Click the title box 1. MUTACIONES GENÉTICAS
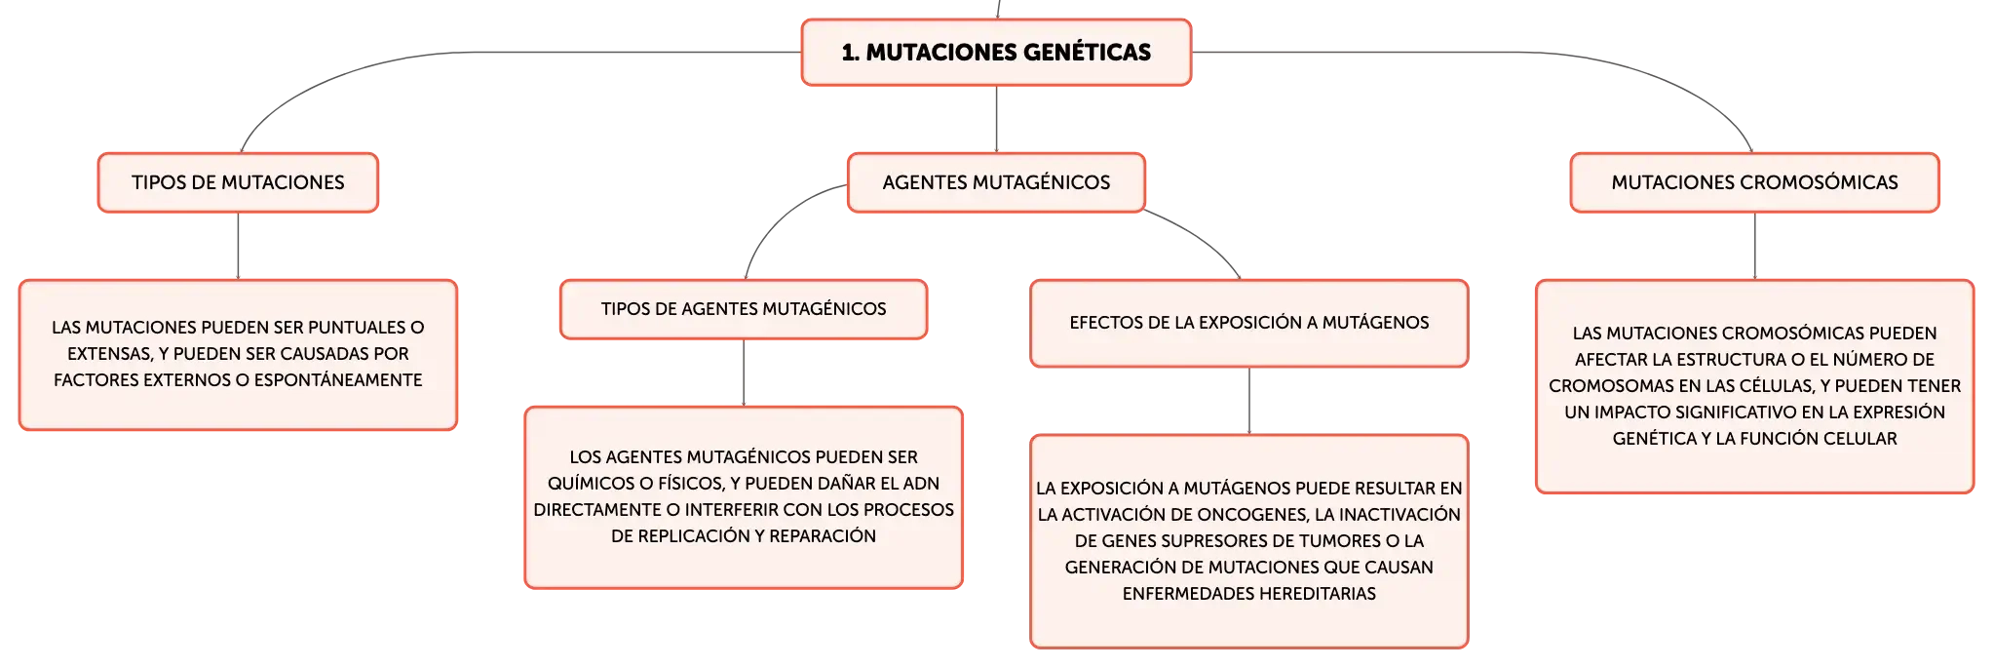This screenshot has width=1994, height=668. pos(996,53)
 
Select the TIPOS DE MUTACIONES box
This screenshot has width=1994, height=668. pos(238,182)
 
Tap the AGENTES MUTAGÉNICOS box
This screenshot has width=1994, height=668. pos(996,182)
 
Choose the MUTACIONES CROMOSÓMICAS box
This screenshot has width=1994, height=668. pos(1754,182)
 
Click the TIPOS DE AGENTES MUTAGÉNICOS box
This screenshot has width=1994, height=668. pos(744,309)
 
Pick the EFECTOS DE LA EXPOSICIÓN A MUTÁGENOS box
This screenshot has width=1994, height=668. pos(1249,323)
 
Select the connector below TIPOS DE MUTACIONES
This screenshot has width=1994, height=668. pos(238,246)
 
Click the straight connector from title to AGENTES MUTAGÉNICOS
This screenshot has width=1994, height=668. pos(996,119)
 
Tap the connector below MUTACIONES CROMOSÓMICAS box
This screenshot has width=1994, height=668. pos(1754,246)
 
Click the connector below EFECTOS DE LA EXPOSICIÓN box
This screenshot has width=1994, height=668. pos(1249,401)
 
